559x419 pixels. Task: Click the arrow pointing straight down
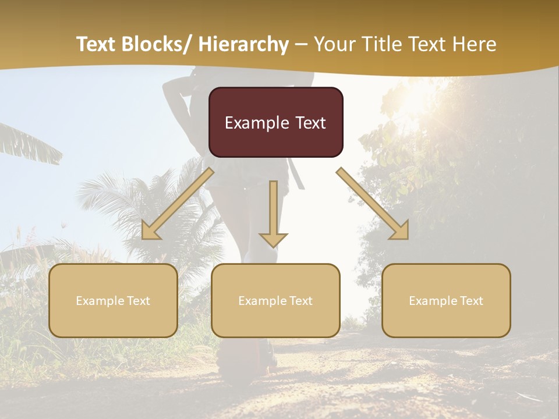pos(274,215)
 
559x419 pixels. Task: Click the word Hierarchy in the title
pos(243,44)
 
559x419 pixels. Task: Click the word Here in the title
pos(475,44)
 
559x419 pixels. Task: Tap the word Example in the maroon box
pos(257,123)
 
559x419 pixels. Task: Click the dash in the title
pos(301,44)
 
